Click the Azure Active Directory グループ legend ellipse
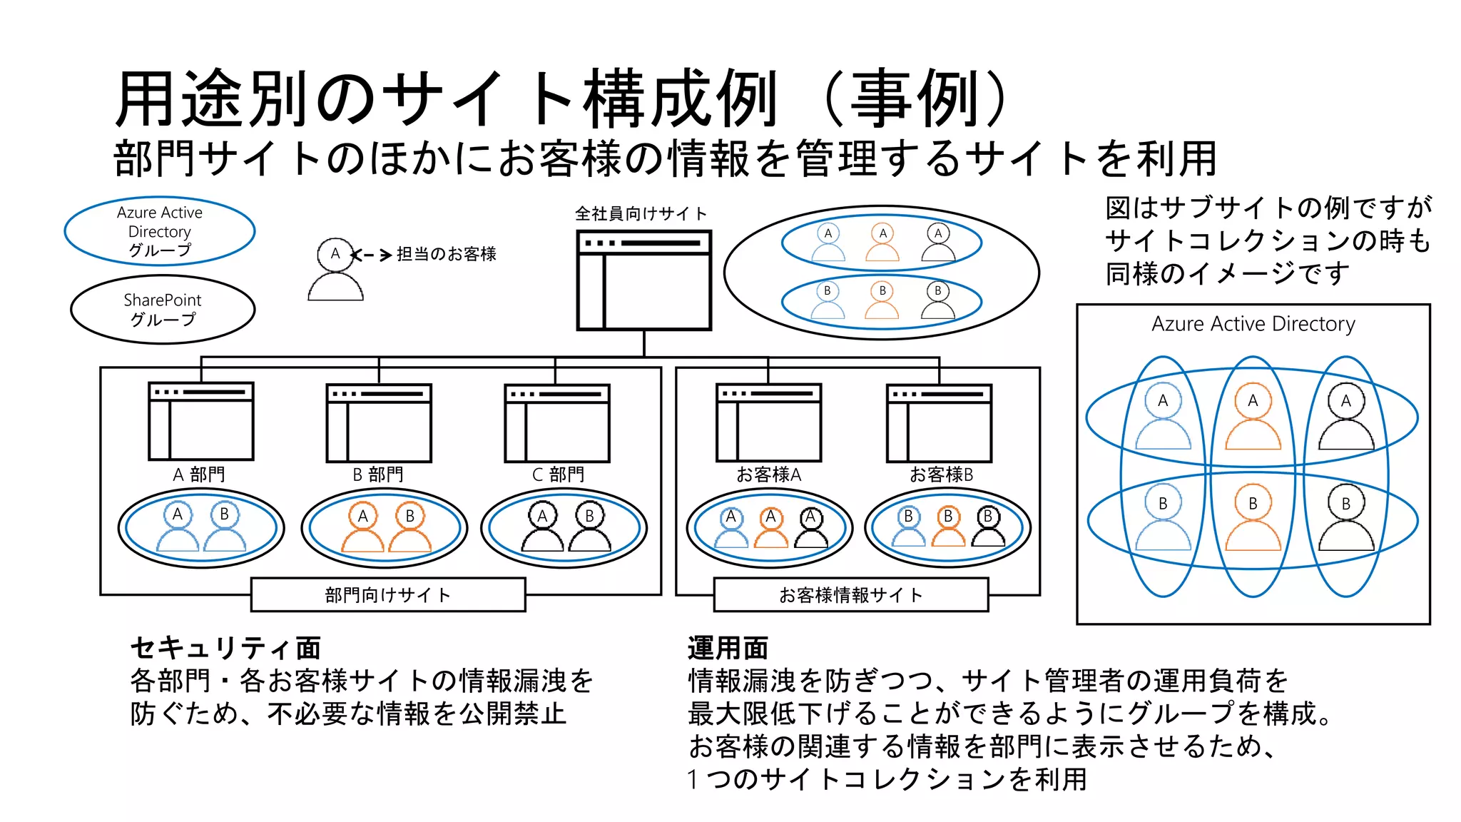(x=160, y=231)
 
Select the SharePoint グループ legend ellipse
(x=163, y=310)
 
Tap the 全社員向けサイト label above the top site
(x=641, y=213)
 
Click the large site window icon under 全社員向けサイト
(x=643, y=280)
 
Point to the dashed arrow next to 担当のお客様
(x=372, y=255)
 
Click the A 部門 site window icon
(x=201, y=422)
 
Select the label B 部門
(x=377, y=475)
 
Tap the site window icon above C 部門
(x=557, y=423)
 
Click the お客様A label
(x=768, y=475)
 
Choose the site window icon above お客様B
(x=939, y=423)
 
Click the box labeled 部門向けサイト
(x=388, y=595)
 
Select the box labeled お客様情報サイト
(x=851, y=595)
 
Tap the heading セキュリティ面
(x=225, y=648)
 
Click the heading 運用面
(x=728, y=648)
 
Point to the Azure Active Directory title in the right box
(x=1253, y=324)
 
